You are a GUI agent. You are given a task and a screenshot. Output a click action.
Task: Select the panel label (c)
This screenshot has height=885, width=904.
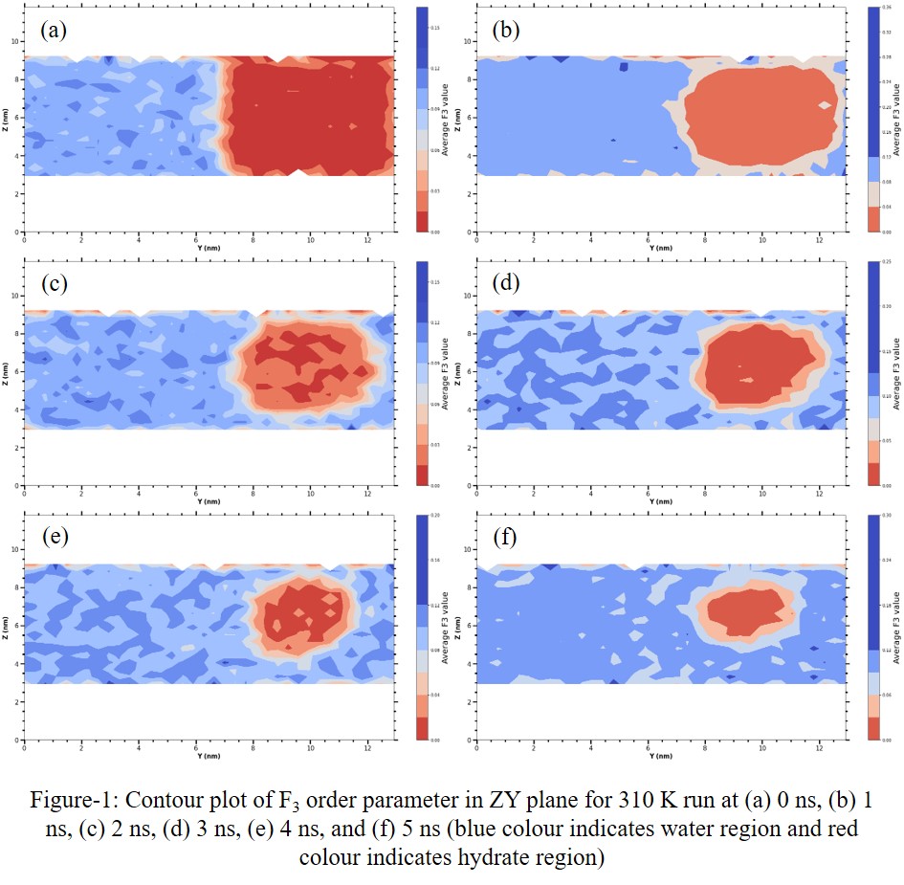point(54,284)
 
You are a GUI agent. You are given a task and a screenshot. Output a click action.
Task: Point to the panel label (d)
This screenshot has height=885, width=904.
point(505,284)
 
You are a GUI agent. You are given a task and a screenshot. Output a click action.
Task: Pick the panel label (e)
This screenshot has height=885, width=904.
point(54,538)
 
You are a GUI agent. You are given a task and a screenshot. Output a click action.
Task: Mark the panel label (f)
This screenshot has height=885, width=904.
point(505,538)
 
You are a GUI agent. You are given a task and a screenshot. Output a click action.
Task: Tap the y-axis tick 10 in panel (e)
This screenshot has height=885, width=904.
point(14,550)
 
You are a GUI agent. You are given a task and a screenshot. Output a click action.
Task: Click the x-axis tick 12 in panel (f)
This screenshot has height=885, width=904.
point(819,747)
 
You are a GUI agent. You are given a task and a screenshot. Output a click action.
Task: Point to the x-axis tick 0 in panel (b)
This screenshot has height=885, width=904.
point(476,239)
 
